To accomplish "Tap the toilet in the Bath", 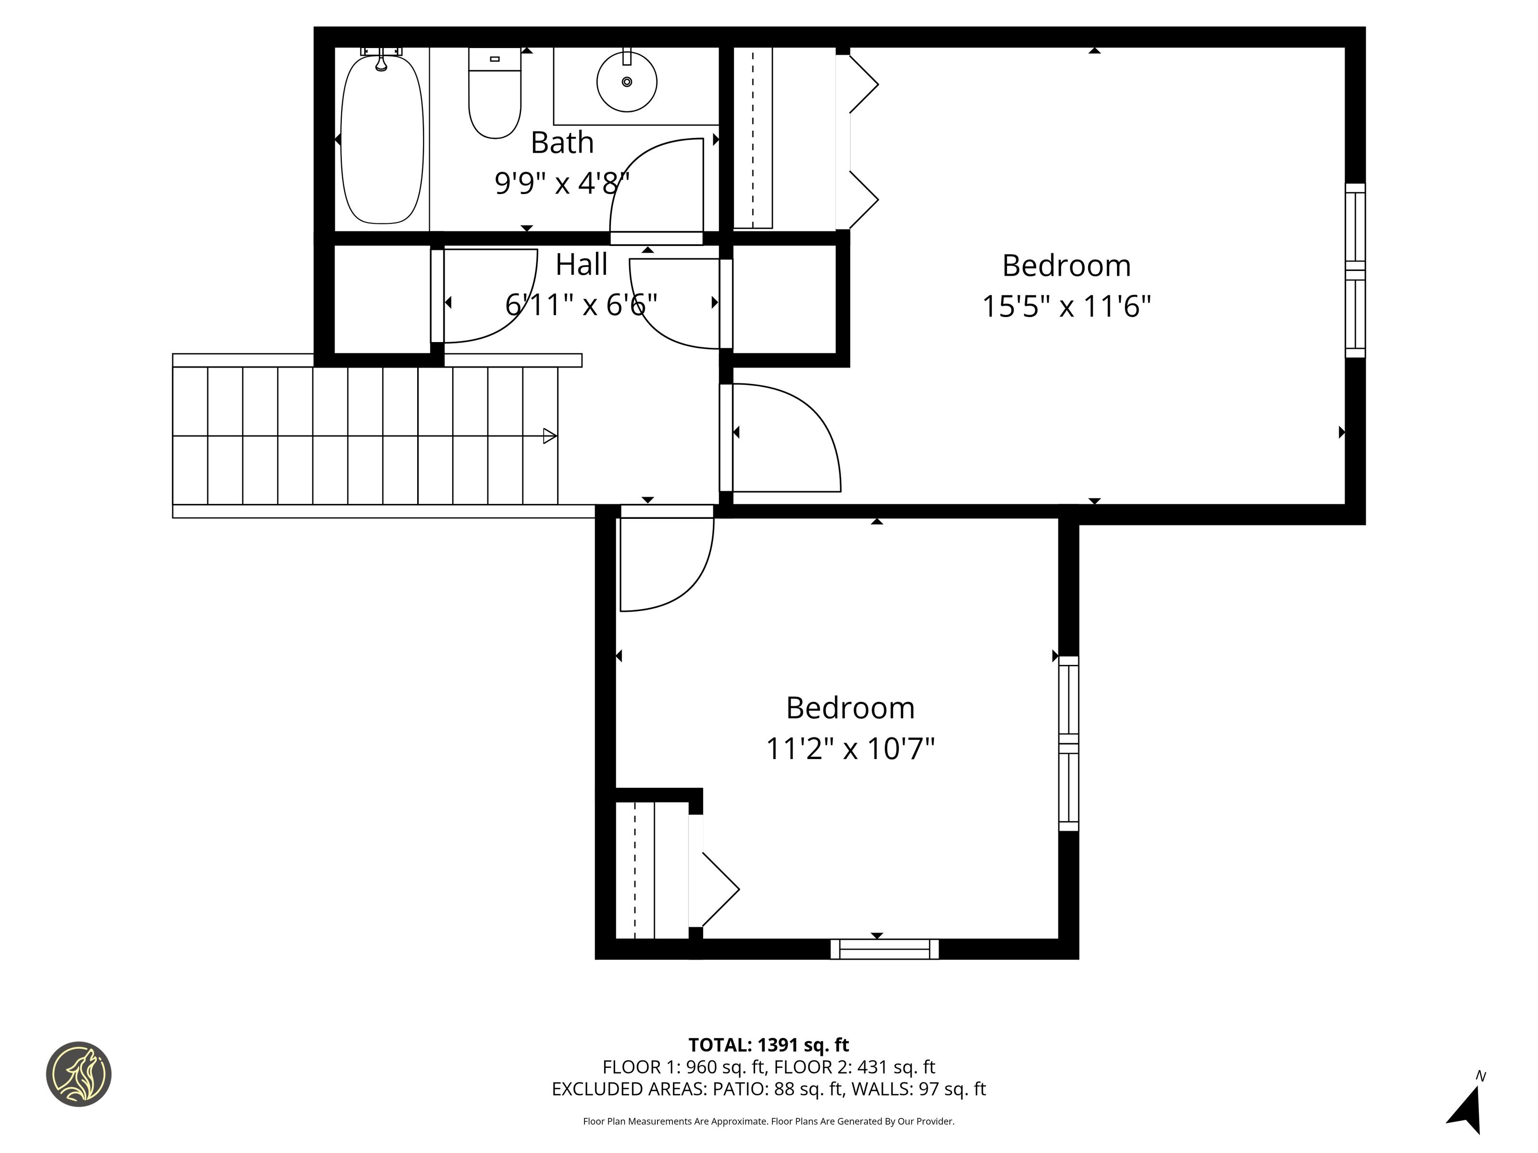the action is tap(495, 93).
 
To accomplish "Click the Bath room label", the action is tap(562, 143).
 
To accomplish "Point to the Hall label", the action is tap(581, 265).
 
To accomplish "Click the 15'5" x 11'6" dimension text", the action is tap(1066, 306).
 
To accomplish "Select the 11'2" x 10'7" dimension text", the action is tap(850, 749).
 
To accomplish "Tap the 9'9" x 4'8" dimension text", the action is tap(562, 183).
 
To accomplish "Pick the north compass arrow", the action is tap(1467, 1110).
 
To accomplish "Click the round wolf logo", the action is tap(78, 1074).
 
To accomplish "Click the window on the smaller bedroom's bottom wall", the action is tap(884, 949).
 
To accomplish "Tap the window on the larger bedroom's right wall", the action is tap(1355, 270).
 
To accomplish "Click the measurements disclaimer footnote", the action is tap(769, 1121).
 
